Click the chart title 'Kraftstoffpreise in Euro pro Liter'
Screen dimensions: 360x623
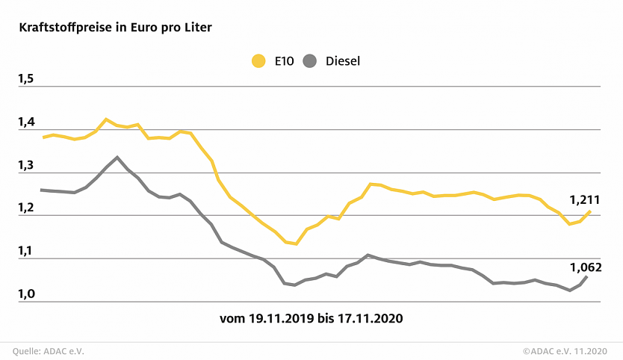coord(115,28)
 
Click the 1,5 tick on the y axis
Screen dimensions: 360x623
coord(26,78)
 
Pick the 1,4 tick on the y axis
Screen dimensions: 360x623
coord(26,122)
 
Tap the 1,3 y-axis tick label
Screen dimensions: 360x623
coord(26,165)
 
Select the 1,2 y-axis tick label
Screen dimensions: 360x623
coord(26,208)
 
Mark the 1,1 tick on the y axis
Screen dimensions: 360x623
coord(26,252)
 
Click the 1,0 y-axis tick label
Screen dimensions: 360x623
coord(26,294)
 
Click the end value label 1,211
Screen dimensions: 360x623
coord(585,200)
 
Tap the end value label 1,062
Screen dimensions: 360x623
coord(585,267)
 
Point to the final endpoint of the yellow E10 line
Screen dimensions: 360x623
coord(590,211)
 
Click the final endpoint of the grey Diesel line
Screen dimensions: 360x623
coord(586,276)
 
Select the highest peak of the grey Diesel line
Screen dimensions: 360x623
coord(117,157)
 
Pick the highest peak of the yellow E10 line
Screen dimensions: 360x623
coord(106,119)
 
